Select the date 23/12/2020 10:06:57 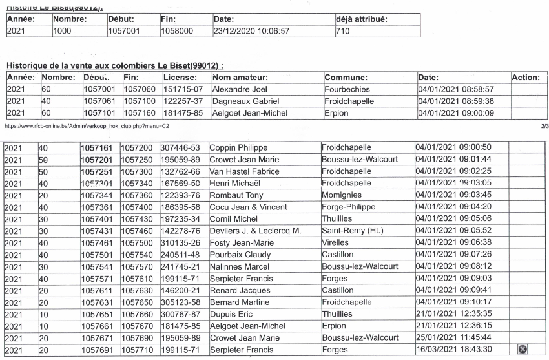click(x=247, y=30)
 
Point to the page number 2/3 click(x=542, y=126)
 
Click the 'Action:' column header click(x=524, y=77)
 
